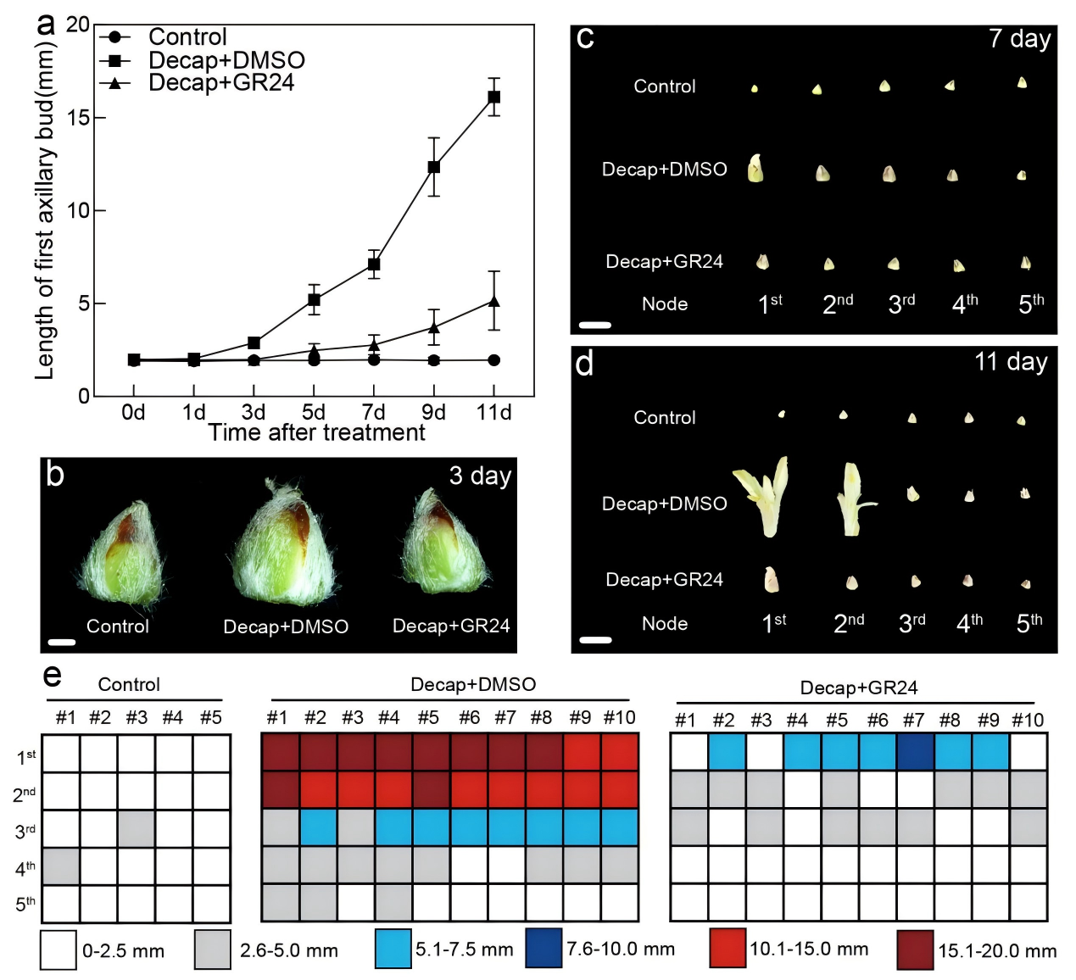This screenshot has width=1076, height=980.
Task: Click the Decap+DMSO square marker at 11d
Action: click(493, 97)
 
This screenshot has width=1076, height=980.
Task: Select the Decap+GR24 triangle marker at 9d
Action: click(433, 327)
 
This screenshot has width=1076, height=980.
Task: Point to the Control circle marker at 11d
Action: click(493, 360)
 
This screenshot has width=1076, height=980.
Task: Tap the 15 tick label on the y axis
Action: click(78, 117)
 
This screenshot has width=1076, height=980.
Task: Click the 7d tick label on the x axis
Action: click(373, 412)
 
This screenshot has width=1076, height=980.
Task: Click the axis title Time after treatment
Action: click(316, 433)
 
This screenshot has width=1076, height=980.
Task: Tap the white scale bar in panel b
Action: click(62, 642)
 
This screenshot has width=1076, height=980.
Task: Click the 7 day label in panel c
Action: click(1019, 39)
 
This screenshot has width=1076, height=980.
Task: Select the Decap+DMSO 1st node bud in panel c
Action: click(755, 169)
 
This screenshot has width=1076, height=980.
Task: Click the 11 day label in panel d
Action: click(1011, 362)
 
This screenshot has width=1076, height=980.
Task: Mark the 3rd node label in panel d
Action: click(912, 624)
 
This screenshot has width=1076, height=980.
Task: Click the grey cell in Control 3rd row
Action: click(136, 828)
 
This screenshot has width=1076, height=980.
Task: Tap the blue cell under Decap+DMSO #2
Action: click(318, 827)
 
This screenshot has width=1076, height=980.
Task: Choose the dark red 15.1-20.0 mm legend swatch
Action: click(915, 949)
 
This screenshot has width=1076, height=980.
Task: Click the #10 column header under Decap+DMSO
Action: click(619, 718)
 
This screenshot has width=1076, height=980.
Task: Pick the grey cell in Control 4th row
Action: click(61, 866)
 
